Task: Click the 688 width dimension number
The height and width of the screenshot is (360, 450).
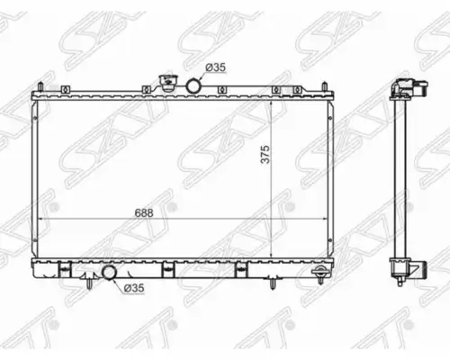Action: pos(144,213)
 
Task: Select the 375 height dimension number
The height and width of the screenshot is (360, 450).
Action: pos(265,155)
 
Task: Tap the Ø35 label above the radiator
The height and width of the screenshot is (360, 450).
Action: pos(215,67)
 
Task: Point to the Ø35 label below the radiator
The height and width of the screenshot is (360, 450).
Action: pos(134,288)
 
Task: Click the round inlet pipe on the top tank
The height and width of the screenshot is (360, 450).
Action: pos(193,85)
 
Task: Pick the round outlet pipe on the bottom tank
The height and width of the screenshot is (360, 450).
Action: pos(109,273)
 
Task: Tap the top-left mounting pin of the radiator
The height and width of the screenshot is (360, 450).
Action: pos(40,87)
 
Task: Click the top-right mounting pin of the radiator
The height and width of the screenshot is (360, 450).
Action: pos(325,87)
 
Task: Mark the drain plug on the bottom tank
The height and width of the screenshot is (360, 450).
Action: pos(320,274)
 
